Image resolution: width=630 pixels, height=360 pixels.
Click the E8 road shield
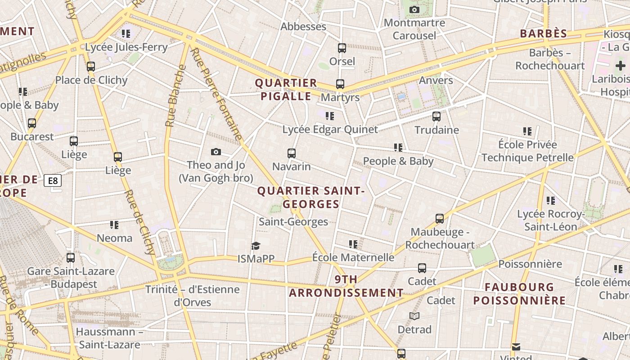pyautogui.click(x=53, y=181)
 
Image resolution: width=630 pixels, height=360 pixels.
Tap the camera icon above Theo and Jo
pyautogui.click(x=216, y=152)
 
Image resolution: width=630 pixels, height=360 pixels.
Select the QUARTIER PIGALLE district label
pyautogui.click(x=286, y=90)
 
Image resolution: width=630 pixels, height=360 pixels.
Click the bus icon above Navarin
pyautogui.click(x=292, y=153)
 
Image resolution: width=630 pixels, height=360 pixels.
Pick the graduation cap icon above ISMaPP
pyautogui.click(x=256, y=246)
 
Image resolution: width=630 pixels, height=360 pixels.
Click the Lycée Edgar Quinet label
pyautogui.click(x=330, y=130)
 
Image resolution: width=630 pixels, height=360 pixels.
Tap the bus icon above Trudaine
pyautogui.click(x=436, y=117)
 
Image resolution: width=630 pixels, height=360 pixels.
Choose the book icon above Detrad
pyautogui.click(x=414, y=316)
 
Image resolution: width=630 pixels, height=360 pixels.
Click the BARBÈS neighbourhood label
pyautogui.click(x=544, y=34)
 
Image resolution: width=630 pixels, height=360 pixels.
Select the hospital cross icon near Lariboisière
pyautogui.click(x=621, y=66)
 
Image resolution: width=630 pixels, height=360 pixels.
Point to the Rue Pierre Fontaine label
pyautogui.click(x=216, y=94)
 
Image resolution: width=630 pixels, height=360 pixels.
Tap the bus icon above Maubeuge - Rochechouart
pyautogui.click(x=440, y=219)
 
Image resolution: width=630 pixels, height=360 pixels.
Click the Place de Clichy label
pyautogui.click(x=91, y=80)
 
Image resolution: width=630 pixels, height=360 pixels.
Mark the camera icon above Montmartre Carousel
pyautogui.click(x=414, y=9)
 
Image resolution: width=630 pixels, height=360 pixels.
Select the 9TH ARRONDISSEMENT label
pyautogui.click(x=346, y=286)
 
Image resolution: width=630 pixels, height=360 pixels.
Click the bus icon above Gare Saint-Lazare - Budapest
pyautogui.click(x=71, y=258)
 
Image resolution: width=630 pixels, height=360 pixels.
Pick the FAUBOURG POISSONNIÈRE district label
pyautogui.click(x=519, y=293)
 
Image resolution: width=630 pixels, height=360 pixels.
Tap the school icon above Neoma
pyautogui.click(x=114, y=225)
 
